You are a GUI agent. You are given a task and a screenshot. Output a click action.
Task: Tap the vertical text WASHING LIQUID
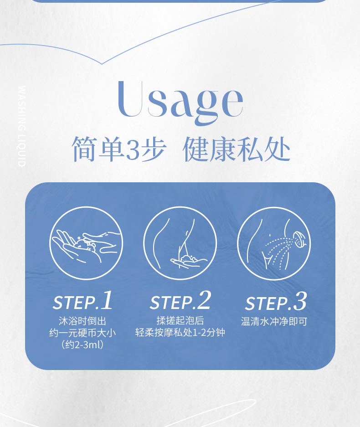22,126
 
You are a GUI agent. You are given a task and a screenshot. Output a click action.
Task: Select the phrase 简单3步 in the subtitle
119,149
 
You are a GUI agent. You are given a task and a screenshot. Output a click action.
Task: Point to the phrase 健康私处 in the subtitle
237,149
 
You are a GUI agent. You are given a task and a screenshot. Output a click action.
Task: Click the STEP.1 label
82,301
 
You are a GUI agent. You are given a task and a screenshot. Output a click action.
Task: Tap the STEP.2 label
180,301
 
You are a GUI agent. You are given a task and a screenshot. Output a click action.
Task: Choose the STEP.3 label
276,301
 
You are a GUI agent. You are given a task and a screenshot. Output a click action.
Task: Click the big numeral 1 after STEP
107,300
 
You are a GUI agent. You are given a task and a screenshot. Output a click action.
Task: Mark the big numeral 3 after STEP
300,301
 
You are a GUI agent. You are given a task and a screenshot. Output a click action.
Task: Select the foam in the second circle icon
188,259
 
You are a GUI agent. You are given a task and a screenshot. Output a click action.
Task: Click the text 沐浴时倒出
82,321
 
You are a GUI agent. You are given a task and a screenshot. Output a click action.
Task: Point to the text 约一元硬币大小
82,333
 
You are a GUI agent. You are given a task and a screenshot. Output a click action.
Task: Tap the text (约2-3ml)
82,345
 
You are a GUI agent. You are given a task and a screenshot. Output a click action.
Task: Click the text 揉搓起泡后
180,320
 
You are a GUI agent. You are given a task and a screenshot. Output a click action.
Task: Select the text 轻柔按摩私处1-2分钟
180,333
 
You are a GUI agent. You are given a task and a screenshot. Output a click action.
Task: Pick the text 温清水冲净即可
274,322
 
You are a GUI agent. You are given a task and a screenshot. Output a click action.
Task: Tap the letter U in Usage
130,98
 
